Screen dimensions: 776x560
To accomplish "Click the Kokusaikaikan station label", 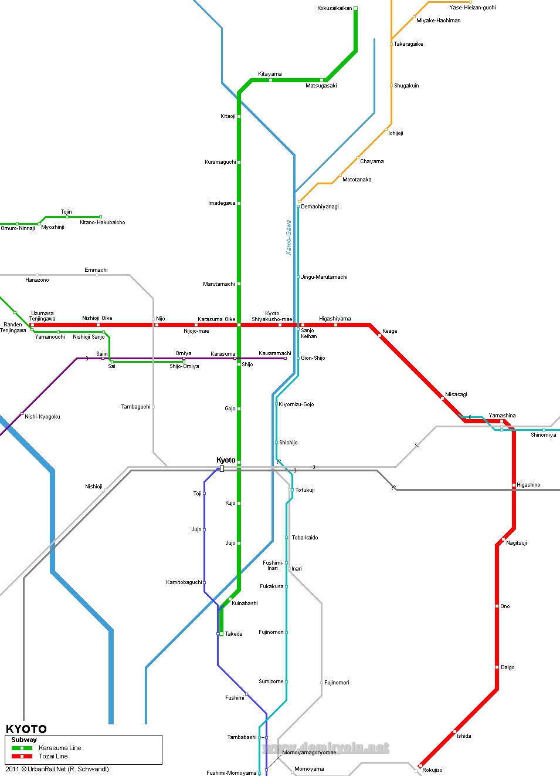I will (x=334, y=8).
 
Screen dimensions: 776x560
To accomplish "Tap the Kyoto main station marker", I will (x=222, y=468).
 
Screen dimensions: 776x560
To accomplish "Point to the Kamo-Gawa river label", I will (x=289, y=237).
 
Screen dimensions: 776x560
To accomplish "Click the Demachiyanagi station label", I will (x=320, y=207).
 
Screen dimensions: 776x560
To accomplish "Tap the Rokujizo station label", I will (x=432, y=770).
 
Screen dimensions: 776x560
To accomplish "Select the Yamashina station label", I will (x=502, y=416).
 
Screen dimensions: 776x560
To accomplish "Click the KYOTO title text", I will (x=26, y=729).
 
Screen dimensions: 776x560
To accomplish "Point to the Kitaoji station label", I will (x=228, y=116).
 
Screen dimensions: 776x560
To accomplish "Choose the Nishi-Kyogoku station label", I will (x=42, y=417).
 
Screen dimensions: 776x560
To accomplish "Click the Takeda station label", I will (x=233, y=634).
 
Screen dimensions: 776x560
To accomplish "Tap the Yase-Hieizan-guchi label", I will (x=473, y=8).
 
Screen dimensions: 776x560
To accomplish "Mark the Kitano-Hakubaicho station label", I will (x=103, y=222).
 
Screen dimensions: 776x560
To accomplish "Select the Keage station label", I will (x=389, y=331).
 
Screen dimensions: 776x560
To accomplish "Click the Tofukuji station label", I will (x=304, y=490).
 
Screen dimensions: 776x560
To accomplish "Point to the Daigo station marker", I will (x=497, y=667).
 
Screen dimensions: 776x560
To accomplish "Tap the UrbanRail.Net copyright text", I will (x=57, y=769).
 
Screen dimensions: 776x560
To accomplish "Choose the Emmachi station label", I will (x=96, y=270).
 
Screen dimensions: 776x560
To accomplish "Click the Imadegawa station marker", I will (x=239, y=203).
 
